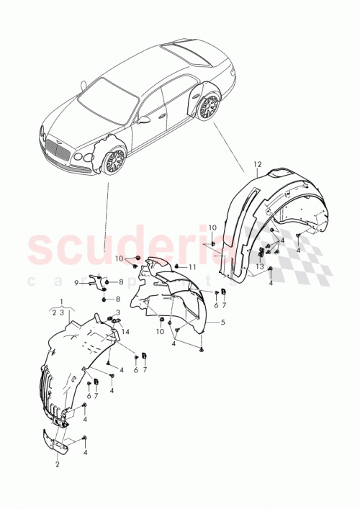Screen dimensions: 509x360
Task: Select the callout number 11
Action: [x=192, y=267]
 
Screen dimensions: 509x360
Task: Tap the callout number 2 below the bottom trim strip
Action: [x=58, y=465]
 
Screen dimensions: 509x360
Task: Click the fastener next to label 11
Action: [x=176, y=266]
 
